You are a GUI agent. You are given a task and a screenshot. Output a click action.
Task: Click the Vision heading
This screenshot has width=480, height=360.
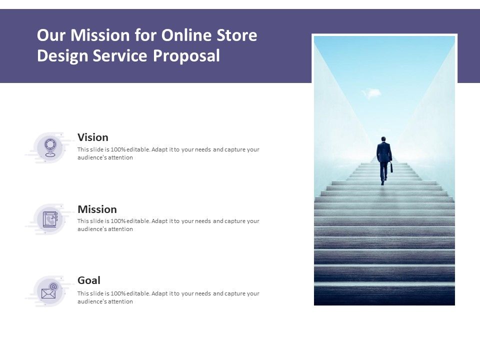pyautogui.click(x=93, y=137)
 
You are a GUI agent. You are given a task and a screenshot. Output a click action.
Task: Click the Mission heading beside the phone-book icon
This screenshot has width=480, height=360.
pyautogui.click(x=97, y=209)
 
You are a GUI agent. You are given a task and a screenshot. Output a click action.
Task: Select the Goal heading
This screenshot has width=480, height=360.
pyautogui.click(x=89, y=280)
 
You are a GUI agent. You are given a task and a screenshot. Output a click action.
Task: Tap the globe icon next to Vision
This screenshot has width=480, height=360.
pyautogui.click(x=49, y=147)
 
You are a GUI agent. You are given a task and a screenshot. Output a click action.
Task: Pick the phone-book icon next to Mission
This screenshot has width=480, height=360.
pyautogui.click(x=50, y=219)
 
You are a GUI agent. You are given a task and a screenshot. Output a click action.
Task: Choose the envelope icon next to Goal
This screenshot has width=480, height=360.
pyautogui.click(x=49, y=291)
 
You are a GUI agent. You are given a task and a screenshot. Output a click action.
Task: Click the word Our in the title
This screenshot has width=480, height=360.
pyautogui.click(x=51, y=36)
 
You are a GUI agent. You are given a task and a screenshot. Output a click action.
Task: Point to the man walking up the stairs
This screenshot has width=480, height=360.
pyautogui.click(x=383, y=159)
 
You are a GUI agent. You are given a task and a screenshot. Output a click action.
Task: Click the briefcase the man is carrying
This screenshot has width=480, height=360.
pyautogui.click(x=391, y=167)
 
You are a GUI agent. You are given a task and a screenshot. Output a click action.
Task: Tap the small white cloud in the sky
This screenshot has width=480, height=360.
pyautogui.click(x=370, y=93)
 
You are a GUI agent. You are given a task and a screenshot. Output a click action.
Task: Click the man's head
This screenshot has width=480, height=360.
pyautogui.click(x=383, y=139)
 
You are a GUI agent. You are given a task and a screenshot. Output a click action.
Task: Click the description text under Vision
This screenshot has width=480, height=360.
pyautogui.click(x=168, y=153)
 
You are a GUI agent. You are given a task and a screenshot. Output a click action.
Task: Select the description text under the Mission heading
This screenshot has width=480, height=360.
pyautogui.click(x=168, y=225)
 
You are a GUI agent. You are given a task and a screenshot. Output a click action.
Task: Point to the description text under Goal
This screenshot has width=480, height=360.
pyautogui.click(x=168, y=297)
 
